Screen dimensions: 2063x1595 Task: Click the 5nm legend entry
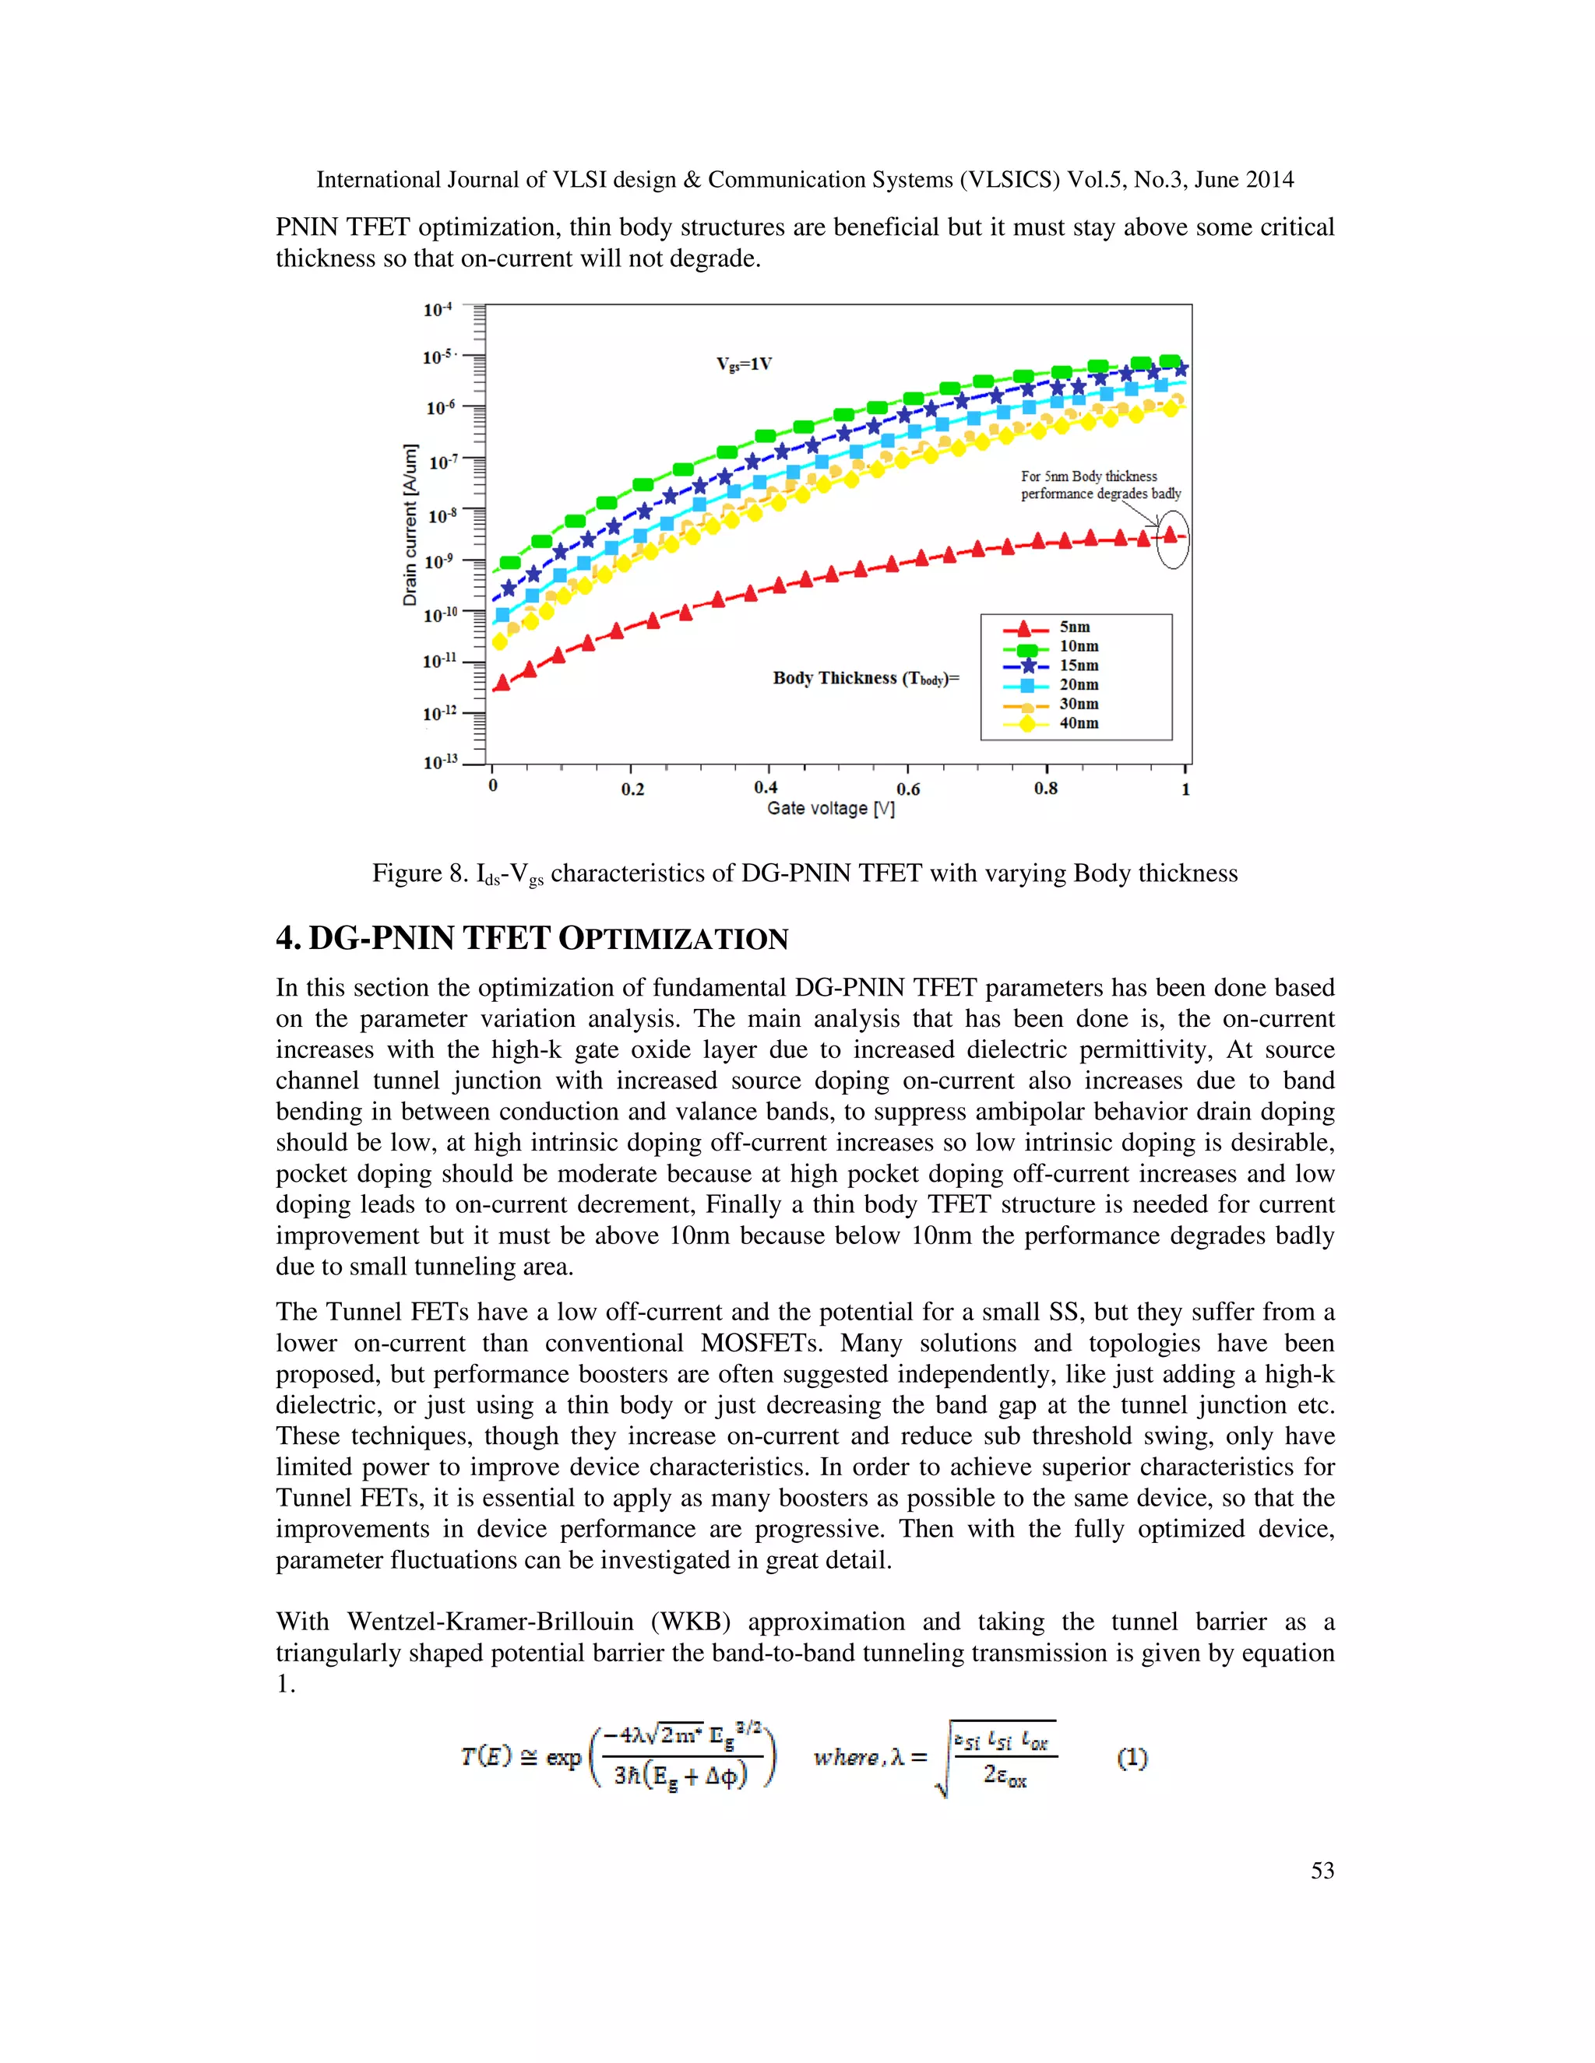point(1073,627)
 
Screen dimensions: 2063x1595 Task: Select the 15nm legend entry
point(1078,665)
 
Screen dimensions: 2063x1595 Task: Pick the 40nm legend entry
point(1078,722)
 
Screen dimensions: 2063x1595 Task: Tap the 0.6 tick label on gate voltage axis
point(907,789)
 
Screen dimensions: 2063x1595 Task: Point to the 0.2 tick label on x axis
point(632,789)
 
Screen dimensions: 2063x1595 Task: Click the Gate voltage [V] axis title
point(830,809)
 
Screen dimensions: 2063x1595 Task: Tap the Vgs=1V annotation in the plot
point(744,364)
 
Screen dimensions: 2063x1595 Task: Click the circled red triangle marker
point(1171,535)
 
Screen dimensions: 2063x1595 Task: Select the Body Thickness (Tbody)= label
point(865,678)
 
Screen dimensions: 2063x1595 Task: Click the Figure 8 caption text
point(804,873)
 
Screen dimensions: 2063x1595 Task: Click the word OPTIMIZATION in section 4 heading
point(673,939)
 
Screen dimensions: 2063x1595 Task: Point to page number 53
point(1322,1870)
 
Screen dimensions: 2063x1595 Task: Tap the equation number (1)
point(1132,1758)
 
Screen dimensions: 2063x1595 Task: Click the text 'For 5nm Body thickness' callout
point(1089,476)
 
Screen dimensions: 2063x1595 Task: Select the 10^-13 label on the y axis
point(439,761)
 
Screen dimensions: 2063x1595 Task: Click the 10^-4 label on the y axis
point(438,310)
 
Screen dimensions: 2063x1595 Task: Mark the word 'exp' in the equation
point(563,1758)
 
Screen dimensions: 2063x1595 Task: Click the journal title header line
point(804,180)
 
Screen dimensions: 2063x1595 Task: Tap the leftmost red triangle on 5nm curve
point(502,683)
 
